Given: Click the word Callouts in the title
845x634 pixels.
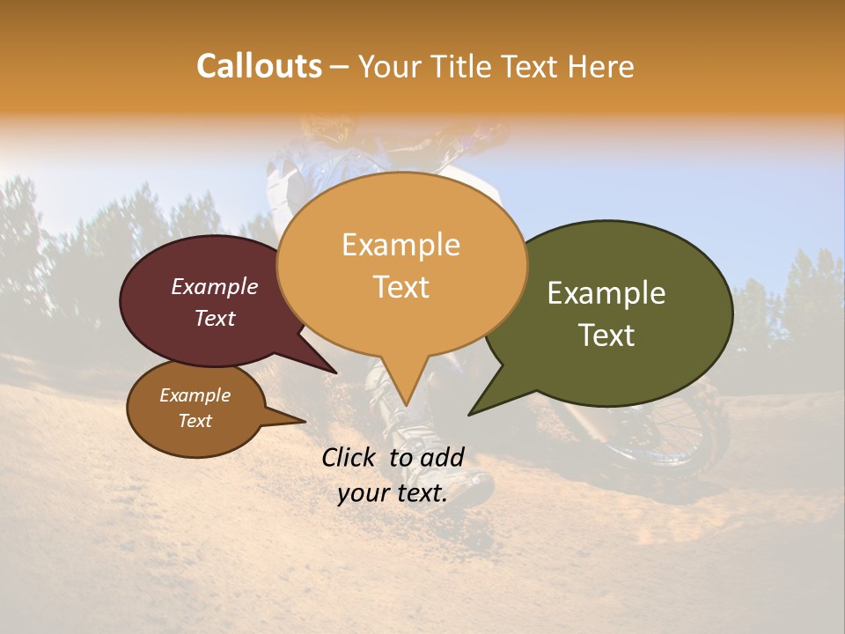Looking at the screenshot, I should (x=259, y=66).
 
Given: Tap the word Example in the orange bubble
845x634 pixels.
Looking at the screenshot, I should (x=400, y=245).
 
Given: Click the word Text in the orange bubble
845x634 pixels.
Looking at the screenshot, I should (x=400, y=286).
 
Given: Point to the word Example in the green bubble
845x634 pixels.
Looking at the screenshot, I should (x=606, y=293).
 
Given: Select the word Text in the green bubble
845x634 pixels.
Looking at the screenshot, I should (x=606, y=335).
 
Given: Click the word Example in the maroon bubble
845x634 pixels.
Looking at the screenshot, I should (x=215, y=286).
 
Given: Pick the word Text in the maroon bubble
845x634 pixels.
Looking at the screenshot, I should (x=215, y=318).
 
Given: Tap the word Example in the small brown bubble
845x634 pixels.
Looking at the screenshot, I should (x=195, y=395).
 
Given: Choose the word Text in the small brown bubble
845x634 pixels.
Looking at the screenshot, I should (x=195, y=421).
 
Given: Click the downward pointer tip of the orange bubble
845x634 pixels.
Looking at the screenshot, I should (x=405, y=404).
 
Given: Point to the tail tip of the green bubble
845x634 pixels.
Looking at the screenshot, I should (x=469, y=414).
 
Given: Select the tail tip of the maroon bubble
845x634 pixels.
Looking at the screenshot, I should (x=336, y=373).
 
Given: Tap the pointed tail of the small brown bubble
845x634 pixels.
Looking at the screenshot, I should (x=305, y=421).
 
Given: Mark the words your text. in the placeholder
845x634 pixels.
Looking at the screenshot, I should (x=392, y=493).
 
